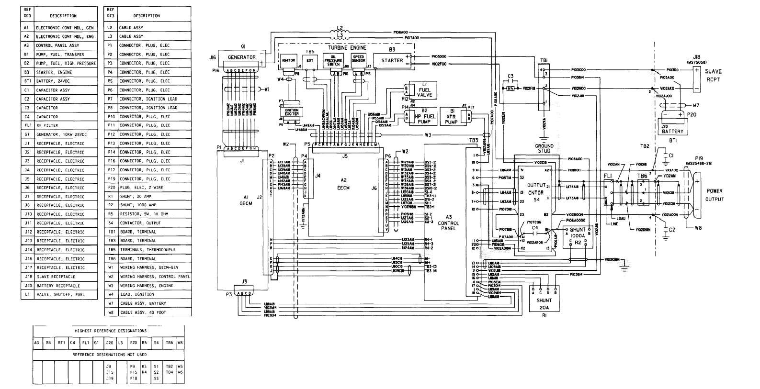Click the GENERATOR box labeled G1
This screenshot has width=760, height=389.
point(241,57)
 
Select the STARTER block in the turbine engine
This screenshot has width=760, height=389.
point(392,61)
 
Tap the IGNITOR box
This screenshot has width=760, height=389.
point(288,60)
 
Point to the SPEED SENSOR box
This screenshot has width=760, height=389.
point(359,59)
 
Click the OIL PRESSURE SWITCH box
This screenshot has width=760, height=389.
point(333,60)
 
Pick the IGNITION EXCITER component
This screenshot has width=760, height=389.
point(291,112)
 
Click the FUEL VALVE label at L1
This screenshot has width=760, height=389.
point(424,92)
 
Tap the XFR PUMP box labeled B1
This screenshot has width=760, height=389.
point(451,116)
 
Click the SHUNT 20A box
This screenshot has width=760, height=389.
point(544,304)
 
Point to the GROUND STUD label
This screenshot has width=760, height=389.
point(544,148)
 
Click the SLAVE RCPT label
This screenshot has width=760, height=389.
point(713,76)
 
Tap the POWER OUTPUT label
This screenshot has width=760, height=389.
point(714,195)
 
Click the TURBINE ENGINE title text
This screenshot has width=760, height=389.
point(347,48)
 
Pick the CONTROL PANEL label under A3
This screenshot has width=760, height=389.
point(448,226)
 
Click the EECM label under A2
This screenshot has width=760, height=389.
point(343,188)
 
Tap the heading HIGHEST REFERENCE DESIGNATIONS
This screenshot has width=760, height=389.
point(111,331)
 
